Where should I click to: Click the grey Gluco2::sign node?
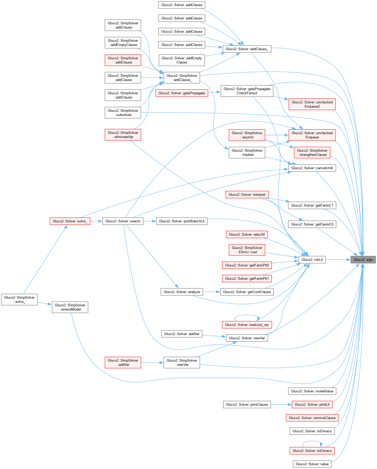(x=363, y=260)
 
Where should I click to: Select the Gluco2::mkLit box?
(x=312, y=260)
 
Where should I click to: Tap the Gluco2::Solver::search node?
(x=123, y=221)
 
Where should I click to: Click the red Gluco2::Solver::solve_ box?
(x=70, y=221)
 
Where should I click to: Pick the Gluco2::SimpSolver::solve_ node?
(x=19, y=299)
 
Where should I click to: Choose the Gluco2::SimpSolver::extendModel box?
(x=70, y=307)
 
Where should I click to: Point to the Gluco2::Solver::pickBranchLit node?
(x=182, y=221)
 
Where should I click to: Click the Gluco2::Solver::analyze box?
(x=182, y=292)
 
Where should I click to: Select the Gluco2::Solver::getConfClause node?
(x=247, y=292)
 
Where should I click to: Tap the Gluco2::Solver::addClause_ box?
(x=247, y=49)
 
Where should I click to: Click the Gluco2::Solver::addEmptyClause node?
(x=182, y=60)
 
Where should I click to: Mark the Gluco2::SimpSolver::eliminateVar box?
(x=123, y=135)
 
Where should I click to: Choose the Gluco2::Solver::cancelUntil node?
(x=312, y=168)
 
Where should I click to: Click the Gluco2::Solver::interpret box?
(x=247, y=194)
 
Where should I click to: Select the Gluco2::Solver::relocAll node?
(x=247, y=234)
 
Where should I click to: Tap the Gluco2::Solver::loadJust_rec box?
(x=247, y=325)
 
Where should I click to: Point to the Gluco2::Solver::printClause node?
(x=247, y=404)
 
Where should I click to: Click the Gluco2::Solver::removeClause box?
(x=312, y=418)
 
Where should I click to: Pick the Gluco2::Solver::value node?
(x=312, y=464)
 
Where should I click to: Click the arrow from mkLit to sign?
(x=338, y=260)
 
